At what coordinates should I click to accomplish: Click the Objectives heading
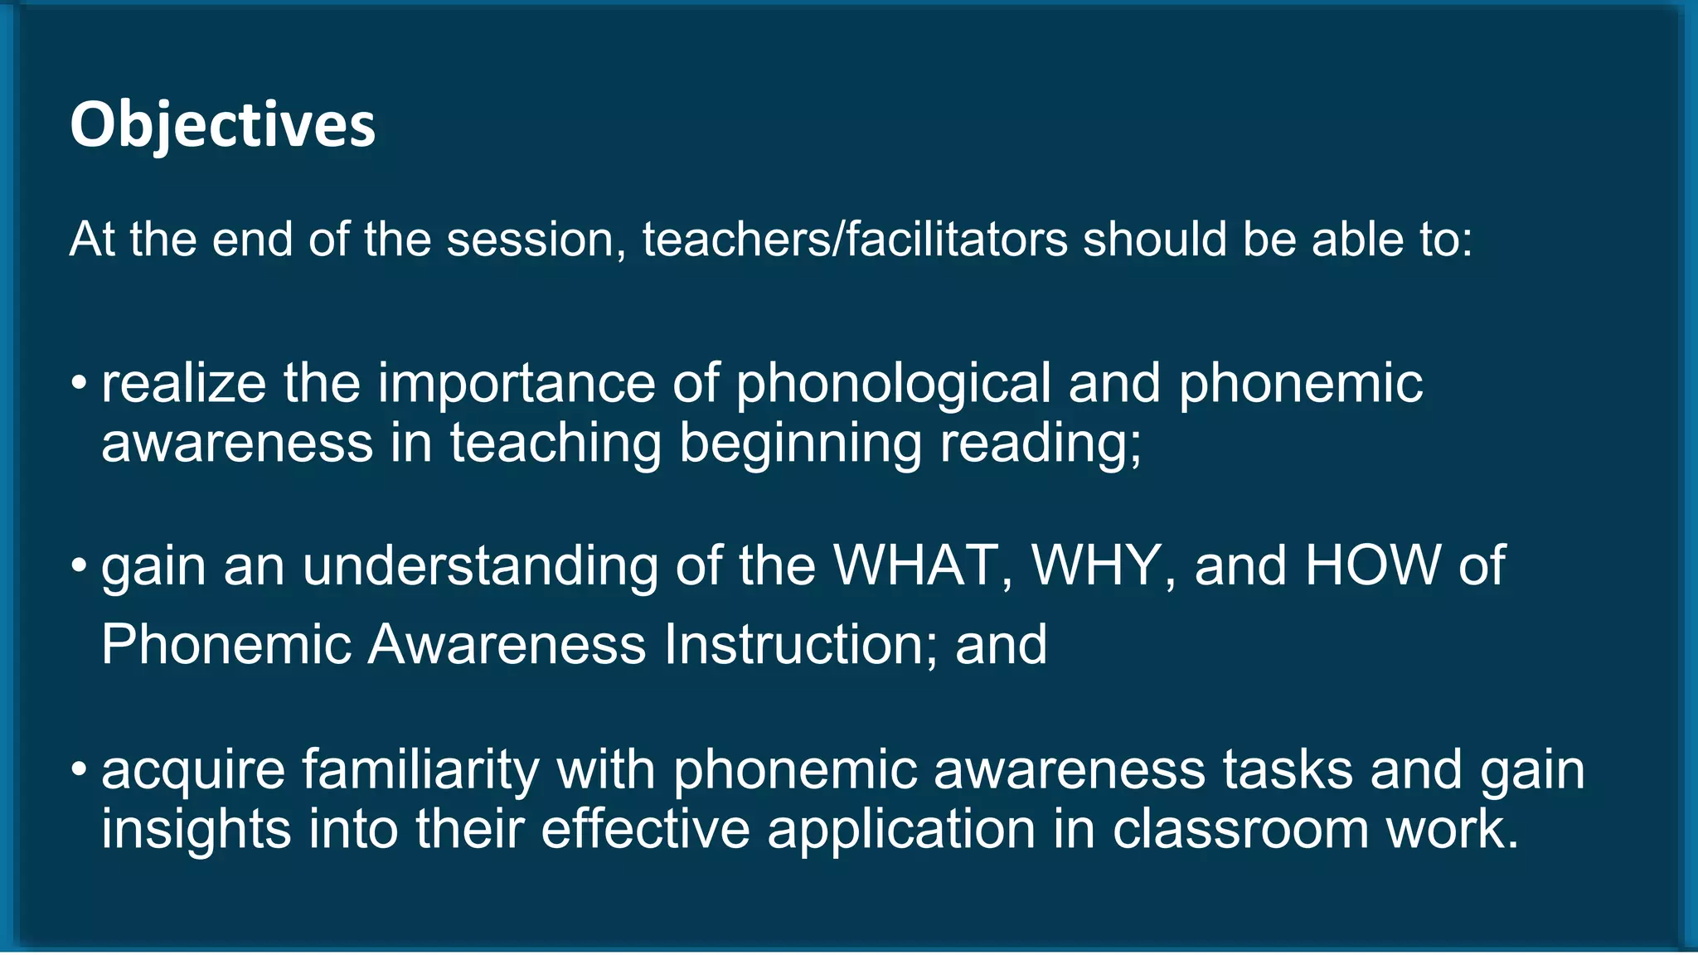[x=222, y=125]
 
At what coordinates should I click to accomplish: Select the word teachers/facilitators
[x=855, y=240]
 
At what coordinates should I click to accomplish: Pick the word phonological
[x=893, y=384]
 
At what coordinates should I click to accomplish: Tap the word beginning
[x=800, y=443]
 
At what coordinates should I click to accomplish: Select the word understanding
[x=479, y=566]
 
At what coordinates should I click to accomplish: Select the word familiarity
[x=420, y=770]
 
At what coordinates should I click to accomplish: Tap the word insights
[x=196, y=829]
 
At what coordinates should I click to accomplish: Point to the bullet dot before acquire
[x=79, y=769]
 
